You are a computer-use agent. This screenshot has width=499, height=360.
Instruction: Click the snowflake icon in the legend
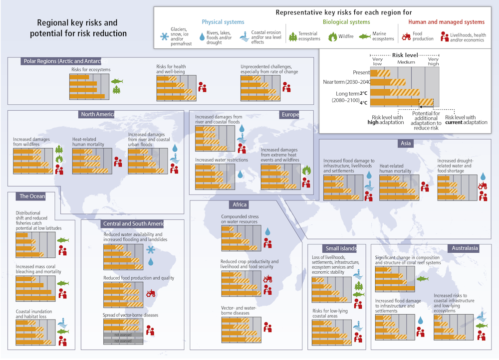(163, 36)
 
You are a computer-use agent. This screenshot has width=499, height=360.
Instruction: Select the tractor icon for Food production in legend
(405, 36)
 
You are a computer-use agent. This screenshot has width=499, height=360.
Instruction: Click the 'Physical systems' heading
(223, 22)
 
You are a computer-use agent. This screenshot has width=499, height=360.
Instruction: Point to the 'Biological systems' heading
(346, 22)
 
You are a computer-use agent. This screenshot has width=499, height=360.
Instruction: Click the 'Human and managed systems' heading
(446, 22)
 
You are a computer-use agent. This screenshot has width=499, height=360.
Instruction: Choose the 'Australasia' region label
(465, 248)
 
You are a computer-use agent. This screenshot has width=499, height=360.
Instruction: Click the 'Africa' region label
(240, 204)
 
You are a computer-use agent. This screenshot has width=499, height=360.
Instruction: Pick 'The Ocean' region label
(32, 196)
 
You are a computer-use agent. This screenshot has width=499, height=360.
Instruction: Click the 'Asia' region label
(405, 144)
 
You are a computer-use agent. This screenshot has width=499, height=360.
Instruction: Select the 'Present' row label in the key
(361, 72)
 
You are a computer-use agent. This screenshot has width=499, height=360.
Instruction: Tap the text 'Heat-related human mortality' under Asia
(395, 168)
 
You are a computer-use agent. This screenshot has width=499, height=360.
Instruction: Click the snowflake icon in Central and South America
(150, 249)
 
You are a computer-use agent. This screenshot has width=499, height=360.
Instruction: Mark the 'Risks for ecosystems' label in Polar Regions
(91, 70)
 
